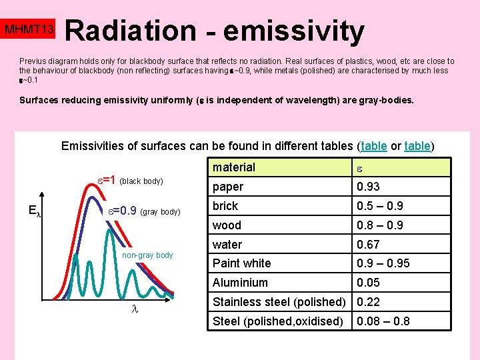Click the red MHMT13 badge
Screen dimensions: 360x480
click(x=29, y=30)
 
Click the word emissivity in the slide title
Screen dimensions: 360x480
click(x=294, y=31)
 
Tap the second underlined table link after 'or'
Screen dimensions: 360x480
click(x=417, y=146)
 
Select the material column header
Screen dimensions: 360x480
click(x=234, y=167)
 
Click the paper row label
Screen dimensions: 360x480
click(x=228, y=187)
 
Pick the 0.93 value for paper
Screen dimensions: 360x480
click(x=369, y=187)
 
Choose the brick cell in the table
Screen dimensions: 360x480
click(x=225, y=206)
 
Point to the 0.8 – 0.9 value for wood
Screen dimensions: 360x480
click(x=380, y=225)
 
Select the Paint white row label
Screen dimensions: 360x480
click(x=241, y=263)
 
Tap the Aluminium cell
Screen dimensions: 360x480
click(x=239, y=283)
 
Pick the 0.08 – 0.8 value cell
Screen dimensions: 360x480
click(x=383, y=321)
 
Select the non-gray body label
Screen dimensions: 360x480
click(x=147, y=255)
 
